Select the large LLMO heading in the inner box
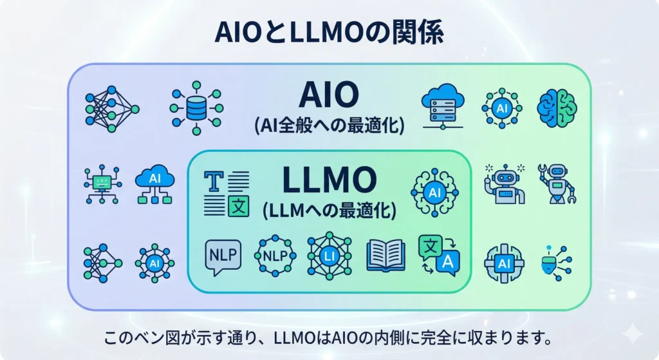pyautogui.click(x=329, y=181)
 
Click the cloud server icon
pyautogui.click(x=442, y=107)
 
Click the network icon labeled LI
pyautogui.click(x=329, y=256)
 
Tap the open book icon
pyautogui.click(x=385, y=256)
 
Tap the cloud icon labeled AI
pyautogui.click(x=154, y=184)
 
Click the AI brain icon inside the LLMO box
pyautogui.click(x=434, y=191)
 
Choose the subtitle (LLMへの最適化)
pyautogui.click(x=329, y=210)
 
